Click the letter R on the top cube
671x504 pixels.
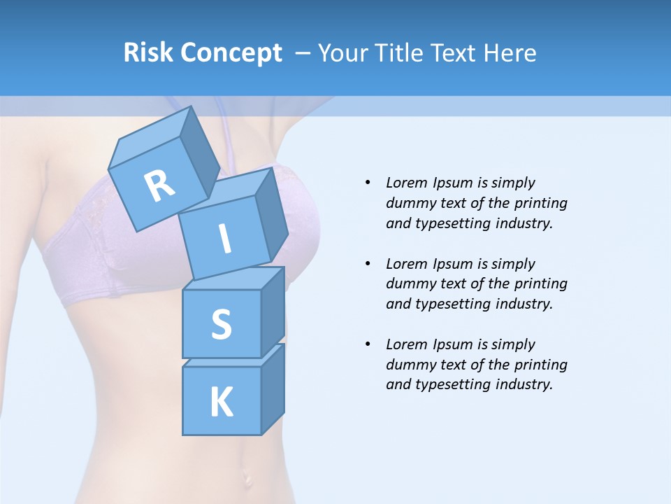tap(159, 186)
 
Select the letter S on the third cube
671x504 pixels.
tap(221, 325)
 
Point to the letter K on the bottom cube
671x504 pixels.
tap(221, 402)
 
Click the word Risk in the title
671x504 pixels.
tap(147, 52)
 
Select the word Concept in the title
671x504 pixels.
tap(231, 53)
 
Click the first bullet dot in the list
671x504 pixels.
tap(368, 183)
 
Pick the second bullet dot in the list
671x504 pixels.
tap(368, 264)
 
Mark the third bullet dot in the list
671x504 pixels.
tap(368, 344)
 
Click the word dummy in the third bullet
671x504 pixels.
tap(409, 365)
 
